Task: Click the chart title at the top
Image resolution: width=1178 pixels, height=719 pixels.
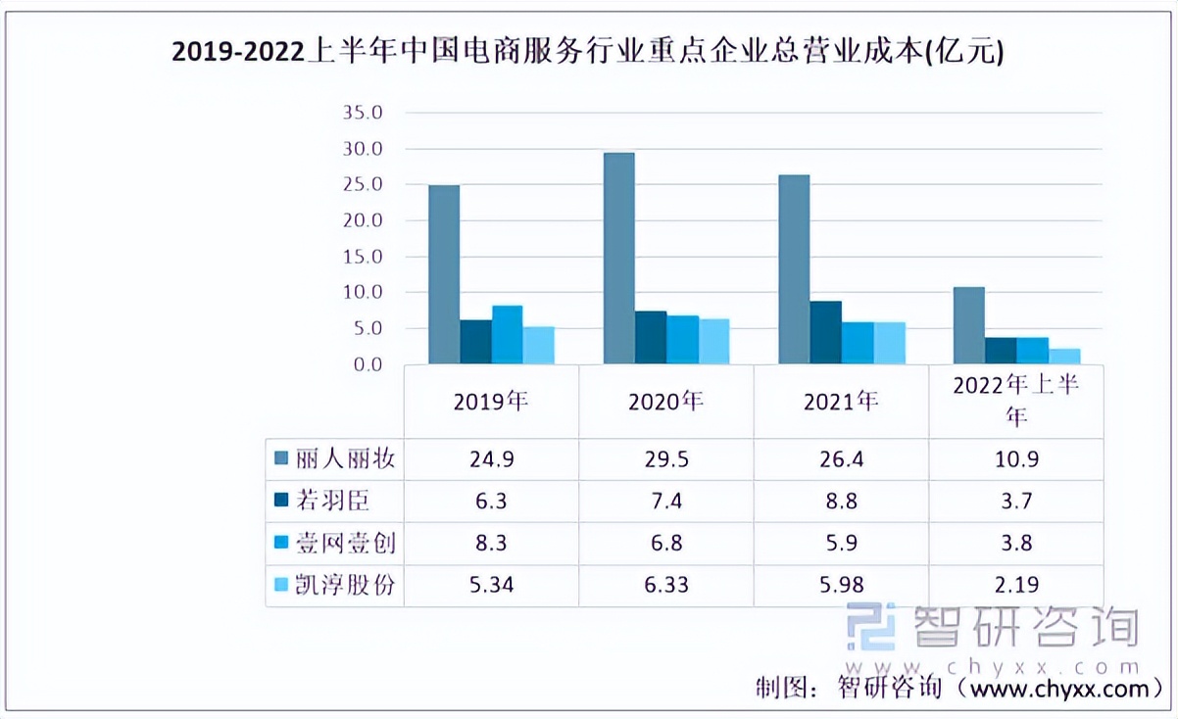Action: (588, 50)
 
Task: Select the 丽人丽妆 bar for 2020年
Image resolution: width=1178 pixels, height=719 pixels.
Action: (618, 259)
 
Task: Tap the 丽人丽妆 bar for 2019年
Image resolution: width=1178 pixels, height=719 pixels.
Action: (444, 275)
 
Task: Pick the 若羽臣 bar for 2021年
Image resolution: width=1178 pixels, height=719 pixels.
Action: (825, 333)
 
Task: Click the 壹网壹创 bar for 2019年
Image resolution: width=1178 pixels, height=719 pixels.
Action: (507, 335)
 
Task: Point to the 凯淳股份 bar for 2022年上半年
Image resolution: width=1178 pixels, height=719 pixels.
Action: (1064, 357)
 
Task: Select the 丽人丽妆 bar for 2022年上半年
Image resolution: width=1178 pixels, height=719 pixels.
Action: (968, 326)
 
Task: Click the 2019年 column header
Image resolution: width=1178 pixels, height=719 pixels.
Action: (490, 402)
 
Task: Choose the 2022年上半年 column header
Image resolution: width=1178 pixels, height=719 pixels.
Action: (1015, 401)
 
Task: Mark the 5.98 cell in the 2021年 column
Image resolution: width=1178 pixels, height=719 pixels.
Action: (840, 585)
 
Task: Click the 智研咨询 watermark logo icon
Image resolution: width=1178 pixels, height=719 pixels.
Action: (871, 627)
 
